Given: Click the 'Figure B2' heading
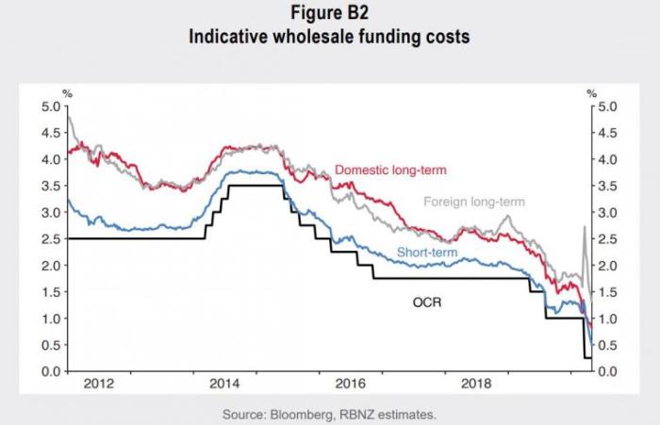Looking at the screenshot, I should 330,15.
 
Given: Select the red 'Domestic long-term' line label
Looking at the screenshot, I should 389,171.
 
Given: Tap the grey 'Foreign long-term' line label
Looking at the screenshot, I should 473,202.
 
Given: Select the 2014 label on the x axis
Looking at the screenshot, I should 223,384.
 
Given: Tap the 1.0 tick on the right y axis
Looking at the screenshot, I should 610,319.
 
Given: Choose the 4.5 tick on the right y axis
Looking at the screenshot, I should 610,133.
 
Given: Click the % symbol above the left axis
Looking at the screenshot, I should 67,92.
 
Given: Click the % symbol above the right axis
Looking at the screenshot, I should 592,92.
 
